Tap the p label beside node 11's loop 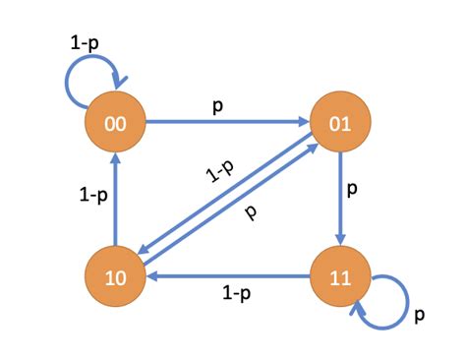[x=419, y=316]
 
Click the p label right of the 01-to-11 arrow [x=354, y=185]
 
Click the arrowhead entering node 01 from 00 [x=305, y=123]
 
